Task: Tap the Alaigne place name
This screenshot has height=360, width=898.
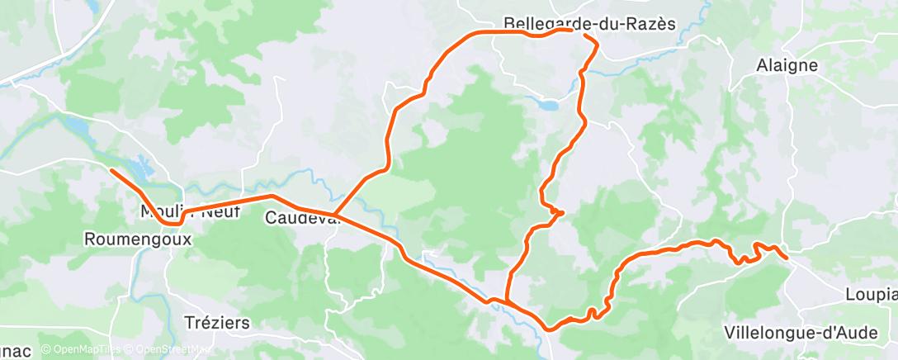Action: point(787,65)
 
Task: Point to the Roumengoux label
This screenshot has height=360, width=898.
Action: point(138,239)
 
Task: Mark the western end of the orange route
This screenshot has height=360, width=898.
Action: point(111,170)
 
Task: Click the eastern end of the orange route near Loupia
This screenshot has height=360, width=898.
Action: point(786,258)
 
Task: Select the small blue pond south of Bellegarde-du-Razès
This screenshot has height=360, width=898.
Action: point(547,105)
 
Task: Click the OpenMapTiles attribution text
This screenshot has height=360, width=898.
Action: point(81,350)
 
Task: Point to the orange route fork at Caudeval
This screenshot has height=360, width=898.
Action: point(335,216)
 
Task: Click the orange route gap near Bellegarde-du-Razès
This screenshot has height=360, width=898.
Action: point(579,33)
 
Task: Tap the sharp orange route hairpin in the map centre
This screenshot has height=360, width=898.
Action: point(561,213)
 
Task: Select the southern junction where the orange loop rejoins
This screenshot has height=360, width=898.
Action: point(506,302)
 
